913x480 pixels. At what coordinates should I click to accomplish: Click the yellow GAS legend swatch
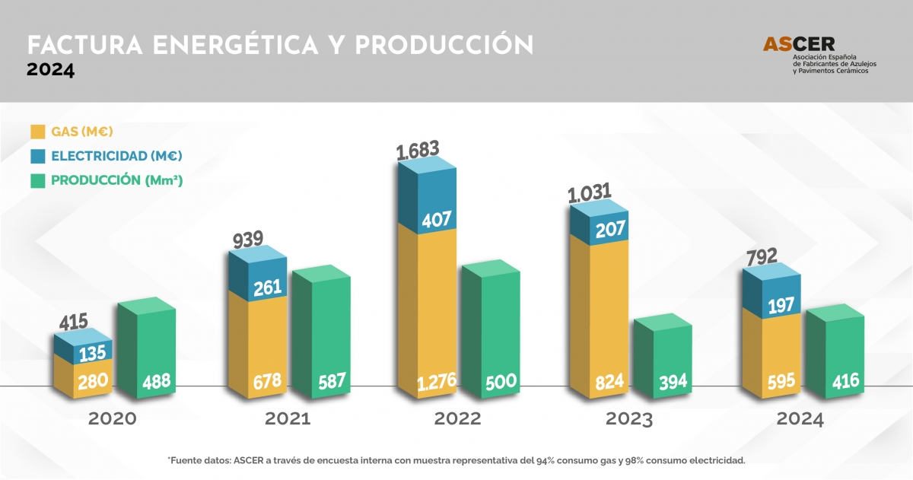pos(37,132)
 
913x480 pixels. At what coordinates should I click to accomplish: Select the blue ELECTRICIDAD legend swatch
pos(37,156)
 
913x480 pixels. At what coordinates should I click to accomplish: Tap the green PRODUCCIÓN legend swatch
pos(37,180)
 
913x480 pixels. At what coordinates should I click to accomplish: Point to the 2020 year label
pos(113,419)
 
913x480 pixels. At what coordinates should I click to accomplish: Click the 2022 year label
pos(457,419)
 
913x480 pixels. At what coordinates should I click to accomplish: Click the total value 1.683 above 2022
pos(418,151)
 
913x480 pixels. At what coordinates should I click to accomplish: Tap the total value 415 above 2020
pos(73,322)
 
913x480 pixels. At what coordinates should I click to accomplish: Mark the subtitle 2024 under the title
pos(50,71)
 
